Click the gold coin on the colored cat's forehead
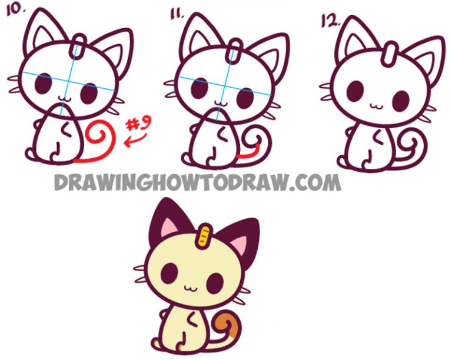(x=205, y=234)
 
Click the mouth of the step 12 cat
(x=374, y=106)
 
